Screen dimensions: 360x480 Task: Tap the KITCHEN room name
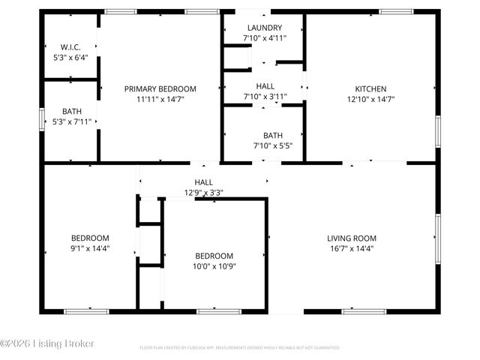coord(370,88)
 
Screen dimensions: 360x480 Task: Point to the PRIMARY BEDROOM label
coord(160,88)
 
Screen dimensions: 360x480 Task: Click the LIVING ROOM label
coord(351,238)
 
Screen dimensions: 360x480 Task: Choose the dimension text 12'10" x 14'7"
coord(370,98)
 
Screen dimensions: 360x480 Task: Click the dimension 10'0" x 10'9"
coord(214,265)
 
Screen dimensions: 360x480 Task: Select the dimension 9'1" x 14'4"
coord(90,248)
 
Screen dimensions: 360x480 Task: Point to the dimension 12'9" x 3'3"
coord(203,192)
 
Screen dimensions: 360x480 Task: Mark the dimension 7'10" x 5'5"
coord(262,145)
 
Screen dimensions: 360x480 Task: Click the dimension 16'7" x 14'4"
coord(351,248)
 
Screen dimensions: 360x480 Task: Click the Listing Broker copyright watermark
coord(47,343)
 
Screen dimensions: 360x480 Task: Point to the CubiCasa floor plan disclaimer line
coord(240,348)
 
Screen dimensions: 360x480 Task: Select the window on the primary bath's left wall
coord(42,120)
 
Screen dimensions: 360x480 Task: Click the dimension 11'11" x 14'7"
coord(160,98)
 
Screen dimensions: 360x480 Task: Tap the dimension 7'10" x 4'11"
coord(264,37)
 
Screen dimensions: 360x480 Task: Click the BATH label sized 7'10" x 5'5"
coord(262,136)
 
